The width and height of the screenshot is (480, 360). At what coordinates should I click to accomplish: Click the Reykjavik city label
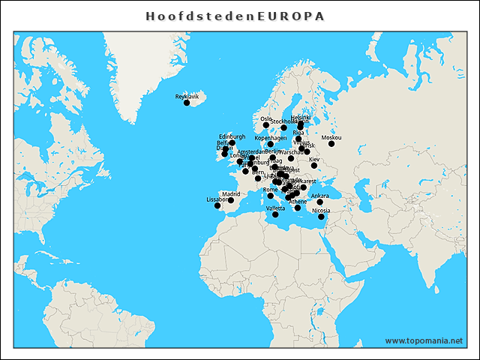click(187, 97)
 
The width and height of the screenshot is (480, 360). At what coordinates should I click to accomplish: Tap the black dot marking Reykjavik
click(187, 103)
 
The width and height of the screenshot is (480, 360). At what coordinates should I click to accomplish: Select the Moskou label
click(331, 137)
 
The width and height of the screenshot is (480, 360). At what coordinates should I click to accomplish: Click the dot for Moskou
click(331, 143)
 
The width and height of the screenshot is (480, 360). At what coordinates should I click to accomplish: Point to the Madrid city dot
click(231, 200)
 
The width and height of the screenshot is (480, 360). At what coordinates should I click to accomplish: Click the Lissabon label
click(217, 199)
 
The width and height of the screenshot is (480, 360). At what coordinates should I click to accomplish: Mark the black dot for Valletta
click(275, 214)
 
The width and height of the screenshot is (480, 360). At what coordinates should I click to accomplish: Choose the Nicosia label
click(320, 211)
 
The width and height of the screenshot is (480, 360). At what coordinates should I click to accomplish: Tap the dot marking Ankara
click(319, 202)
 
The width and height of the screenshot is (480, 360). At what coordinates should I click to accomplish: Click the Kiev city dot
click(314, 165)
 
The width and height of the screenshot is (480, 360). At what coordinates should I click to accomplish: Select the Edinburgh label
click(232, 136)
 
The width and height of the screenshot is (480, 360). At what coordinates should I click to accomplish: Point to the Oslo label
click(265, 118)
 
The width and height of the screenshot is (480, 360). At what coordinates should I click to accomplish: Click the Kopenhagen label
click(271, 138)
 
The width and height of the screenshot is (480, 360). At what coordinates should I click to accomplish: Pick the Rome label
click(271, 190)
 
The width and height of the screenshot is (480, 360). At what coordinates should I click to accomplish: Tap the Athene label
click(298, 202)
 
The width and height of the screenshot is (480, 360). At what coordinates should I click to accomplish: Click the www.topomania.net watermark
click(424, 340)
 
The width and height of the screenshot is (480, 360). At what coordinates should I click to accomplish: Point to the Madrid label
click(231, 194)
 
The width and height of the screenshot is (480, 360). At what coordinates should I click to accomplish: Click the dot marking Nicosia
click(321, 217)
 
